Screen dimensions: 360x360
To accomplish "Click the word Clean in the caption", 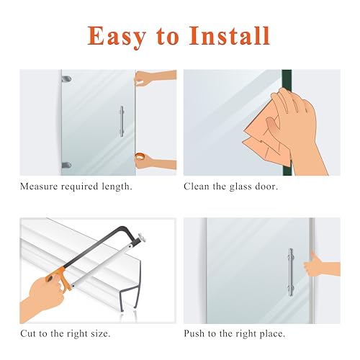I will [199, 186].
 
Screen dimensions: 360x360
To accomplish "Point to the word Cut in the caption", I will [29, 335].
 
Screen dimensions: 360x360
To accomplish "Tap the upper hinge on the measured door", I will [66, 74].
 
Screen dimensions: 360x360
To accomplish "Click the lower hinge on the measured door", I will [66, 165].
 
